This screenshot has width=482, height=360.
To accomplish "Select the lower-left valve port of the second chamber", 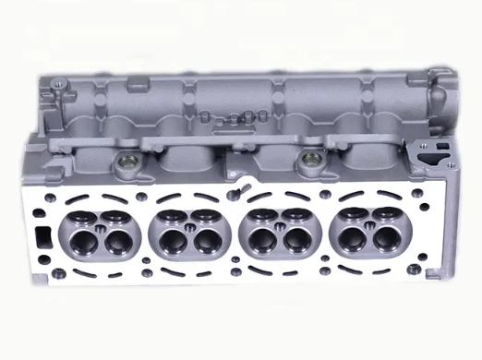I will pos(167,242).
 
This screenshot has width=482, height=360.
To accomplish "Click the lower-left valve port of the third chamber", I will pos(261,242).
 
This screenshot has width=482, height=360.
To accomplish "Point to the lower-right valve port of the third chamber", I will pos(297,243).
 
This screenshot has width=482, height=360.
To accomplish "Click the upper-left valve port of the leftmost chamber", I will pos(76,220).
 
